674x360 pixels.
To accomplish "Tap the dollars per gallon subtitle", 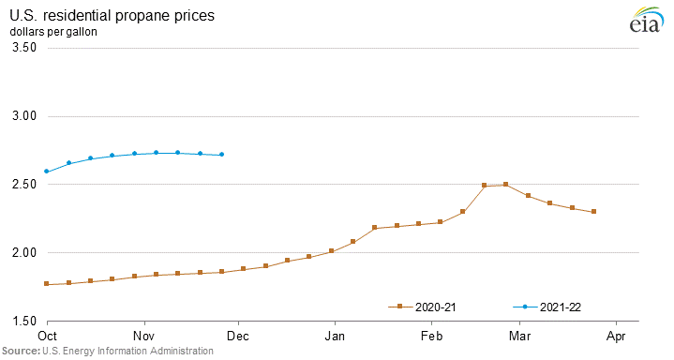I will [53, 32].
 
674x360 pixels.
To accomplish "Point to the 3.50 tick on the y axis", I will [22, 48].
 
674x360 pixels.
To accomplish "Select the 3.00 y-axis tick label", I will [22, 116].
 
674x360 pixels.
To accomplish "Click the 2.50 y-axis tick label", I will [22, 185].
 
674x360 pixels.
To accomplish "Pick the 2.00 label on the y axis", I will [22, 253].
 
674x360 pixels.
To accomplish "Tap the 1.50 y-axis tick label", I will [22, 322].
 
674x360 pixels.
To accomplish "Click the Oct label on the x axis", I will [47, 335].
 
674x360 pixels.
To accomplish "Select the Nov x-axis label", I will [143, 335].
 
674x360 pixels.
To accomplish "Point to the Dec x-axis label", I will [238, 335].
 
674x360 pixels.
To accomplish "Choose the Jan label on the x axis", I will [335, 335].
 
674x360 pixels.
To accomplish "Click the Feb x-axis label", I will [432, 335].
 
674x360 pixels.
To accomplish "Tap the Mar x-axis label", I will [520, 335].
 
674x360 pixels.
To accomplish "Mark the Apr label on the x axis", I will [617, 335].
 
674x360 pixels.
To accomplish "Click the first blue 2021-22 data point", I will [47, 172].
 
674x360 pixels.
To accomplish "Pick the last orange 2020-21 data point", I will [594, 212].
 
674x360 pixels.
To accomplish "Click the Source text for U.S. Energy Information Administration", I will [107, 351].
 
